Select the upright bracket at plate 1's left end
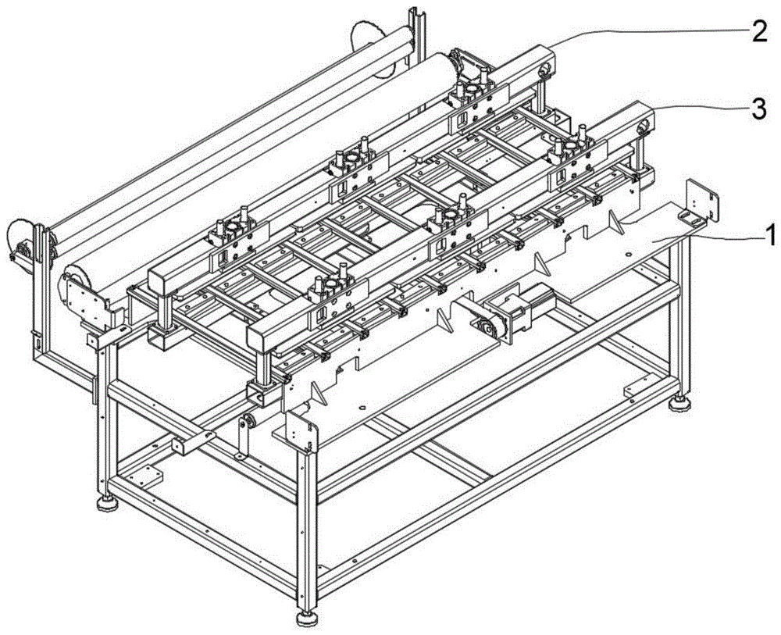pos(301,429)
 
